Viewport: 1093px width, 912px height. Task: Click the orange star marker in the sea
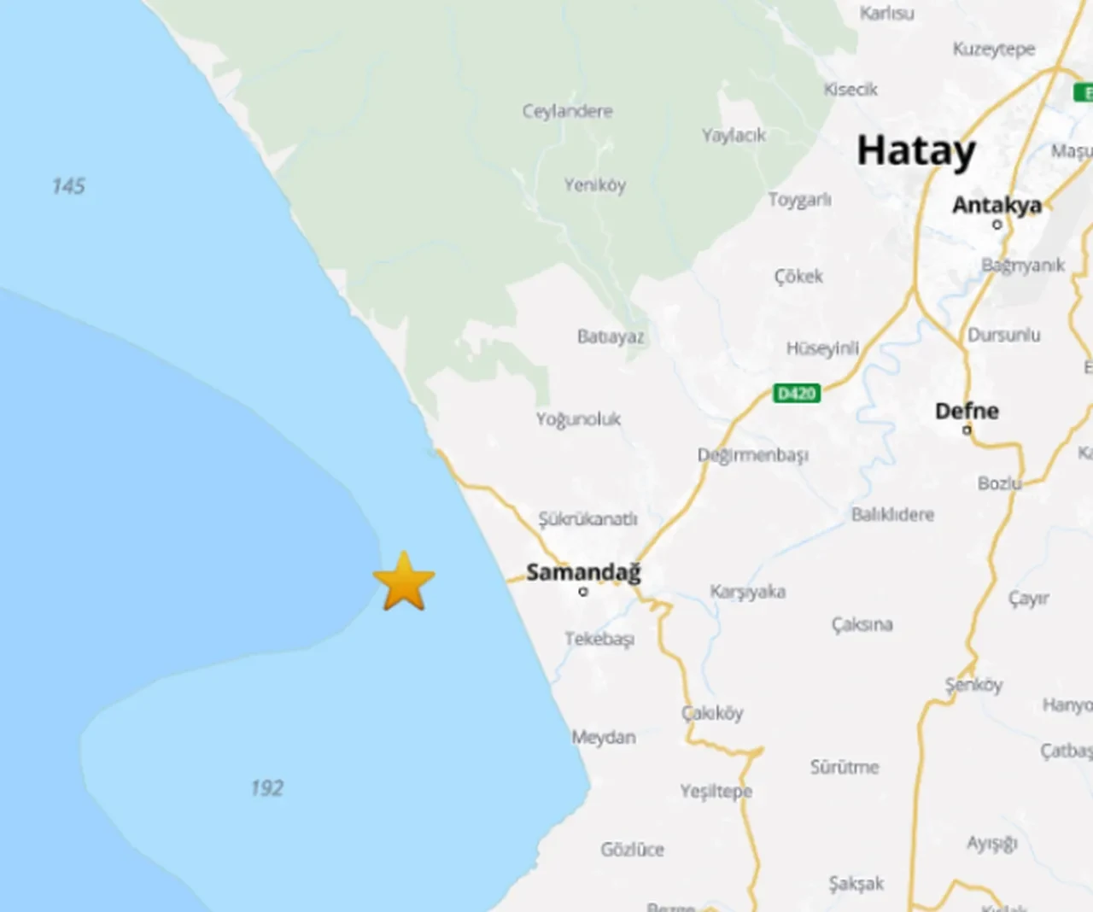pyautogui.click(x=404, y=582)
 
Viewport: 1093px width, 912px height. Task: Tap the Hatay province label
pyautogui.click(x=915, y=152)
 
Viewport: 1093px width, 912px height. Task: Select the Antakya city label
pyautogui.click(x=997, y=205)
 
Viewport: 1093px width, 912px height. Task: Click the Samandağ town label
pyautogui.click(x=583, y=571)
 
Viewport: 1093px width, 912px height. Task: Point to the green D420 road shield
pyautogui.click(x=797, y=393)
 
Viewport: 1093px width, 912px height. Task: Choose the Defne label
pyautogui.click(x=967, y=411)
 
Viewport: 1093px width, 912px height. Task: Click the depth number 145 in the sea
pyautogui.click(x=68, y=186)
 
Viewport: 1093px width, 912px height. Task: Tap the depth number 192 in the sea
pyautogui.click(x=266, y=788)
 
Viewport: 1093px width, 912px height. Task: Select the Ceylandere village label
pyautogui.click(x=567, y=111)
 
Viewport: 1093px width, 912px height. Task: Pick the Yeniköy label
pyautogui.click(x=594, y=184)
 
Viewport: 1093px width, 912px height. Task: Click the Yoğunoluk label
pyautogui.click(x=578, y=419)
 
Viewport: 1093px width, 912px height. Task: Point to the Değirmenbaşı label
pyautogui.click(x=752, y=455)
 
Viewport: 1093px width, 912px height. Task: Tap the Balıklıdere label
pyautogui.click(x=892, y=514)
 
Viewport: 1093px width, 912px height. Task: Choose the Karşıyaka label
pyautogui.click(x=747, y=592)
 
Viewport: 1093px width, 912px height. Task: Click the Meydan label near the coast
pyautogui.click(x=604, y=737)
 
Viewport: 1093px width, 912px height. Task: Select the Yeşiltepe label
pyautogui.click(x=716, y=791)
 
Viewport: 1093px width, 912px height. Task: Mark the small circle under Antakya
pyautogui.click(x=997, y=225)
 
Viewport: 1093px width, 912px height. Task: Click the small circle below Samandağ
pyautogui.click(x=583, y=591)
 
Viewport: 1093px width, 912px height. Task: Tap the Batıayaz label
pyautogui.click(x=610, y=336)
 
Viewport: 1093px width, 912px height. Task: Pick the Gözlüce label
pyautogui.click(x=632, y=849)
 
